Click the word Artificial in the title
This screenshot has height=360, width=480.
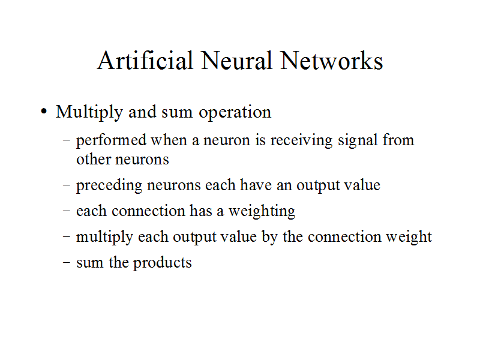pyautogui.click(x=145, y=61)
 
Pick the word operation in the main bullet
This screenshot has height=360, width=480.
pyautogui.click(x=235, y=113)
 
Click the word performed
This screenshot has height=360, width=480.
pyautogui.click(x=111, y=140)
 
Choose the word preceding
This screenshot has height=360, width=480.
pyautogui.click(x=105, y=185)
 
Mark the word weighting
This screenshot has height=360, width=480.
pyautogui.click(x=262, y=211)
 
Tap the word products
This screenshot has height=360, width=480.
pyautogui.click(x=162, y=263)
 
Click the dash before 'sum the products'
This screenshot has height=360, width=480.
pyautogui.click(x=67, y=263)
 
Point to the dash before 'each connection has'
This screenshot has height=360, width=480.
pyautogui.click(x=67, y=211)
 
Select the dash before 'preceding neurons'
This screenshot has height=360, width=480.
pyautogui.click(x=67, y=185)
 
